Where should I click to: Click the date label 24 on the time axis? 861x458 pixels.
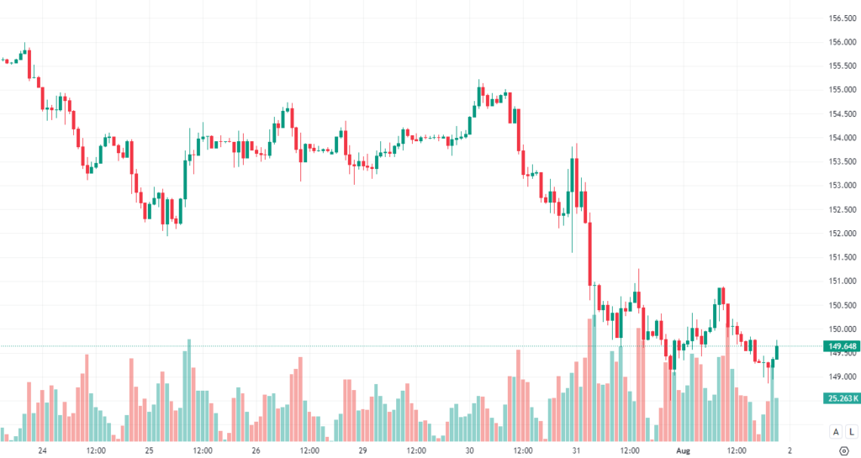(42, 450)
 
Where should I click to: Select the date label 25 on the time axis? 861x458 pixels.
(149, 450)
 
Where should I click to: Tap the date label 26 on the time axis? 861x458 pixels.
(256, 450)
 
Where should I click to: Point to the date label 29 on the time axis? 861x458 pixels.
(362, 450)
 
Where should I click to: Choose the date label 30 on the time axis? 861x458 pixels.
(469, 450)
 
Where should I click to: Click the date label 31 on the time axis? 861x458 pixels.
(576, 450)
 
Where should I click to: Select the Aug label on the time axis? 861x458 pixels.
(683, 450)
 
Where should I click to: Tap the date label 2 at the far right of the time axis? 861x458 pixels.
(790, 450)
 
